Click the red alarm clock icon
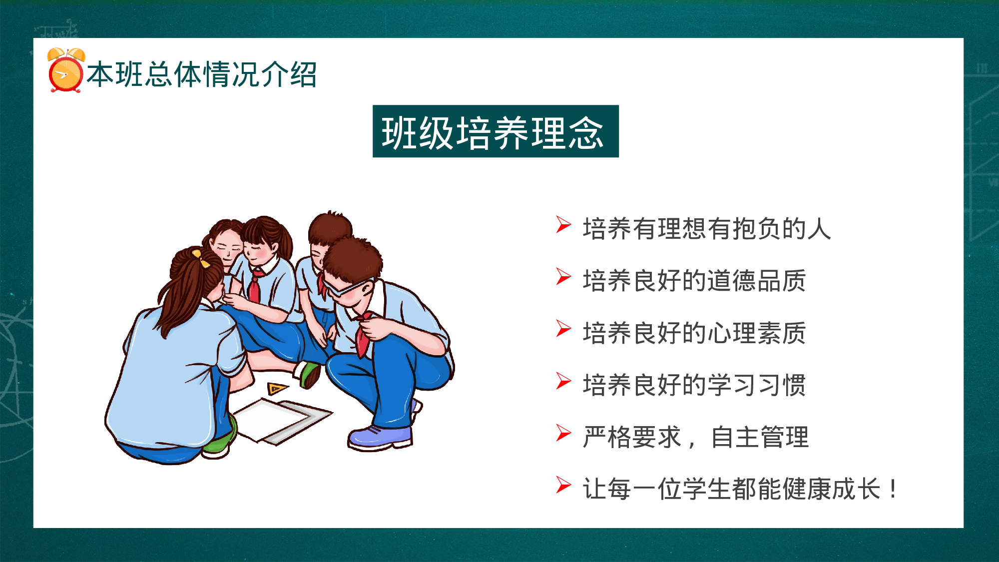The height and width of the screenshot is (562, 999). [x=65, y=71]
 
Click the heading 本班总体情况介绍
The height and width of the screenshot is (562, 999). [x=202, y=75]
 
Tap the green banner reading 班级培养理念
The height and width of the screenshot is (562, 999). [x=495, y=131]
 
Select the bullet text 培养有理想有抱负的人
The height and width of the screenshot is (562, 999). [x=707, y=229]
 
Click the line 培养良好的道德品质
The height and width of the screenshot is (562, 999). [x=694, y=281]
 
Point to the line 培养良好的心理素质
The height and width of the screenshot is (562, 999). [x=694, y=333]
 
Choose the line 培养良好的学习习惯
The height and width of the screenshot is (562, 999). [x=694, y=385]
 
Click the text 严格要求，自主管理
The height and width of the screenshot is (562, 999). [x=695, y=437]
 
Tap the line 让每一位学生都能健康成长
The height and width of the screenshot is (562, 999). [x=732, y=489]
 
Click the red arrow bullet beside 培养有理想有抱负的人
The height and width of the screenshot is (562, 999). [x=563, y=225]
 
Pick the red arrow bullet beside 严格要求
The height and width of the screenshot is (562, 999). [x=563, y=433]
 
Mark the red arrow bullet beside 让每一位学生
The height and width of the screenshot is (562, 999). [x=563, y=485]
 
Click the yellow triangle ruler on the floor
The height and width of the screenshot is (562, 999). [x=276, y=388]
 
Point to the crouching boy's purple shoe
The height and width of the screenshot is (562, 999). [x=380, y=437]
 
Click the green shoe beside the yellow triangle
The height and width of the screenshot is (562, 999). [x=310, y=375]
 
